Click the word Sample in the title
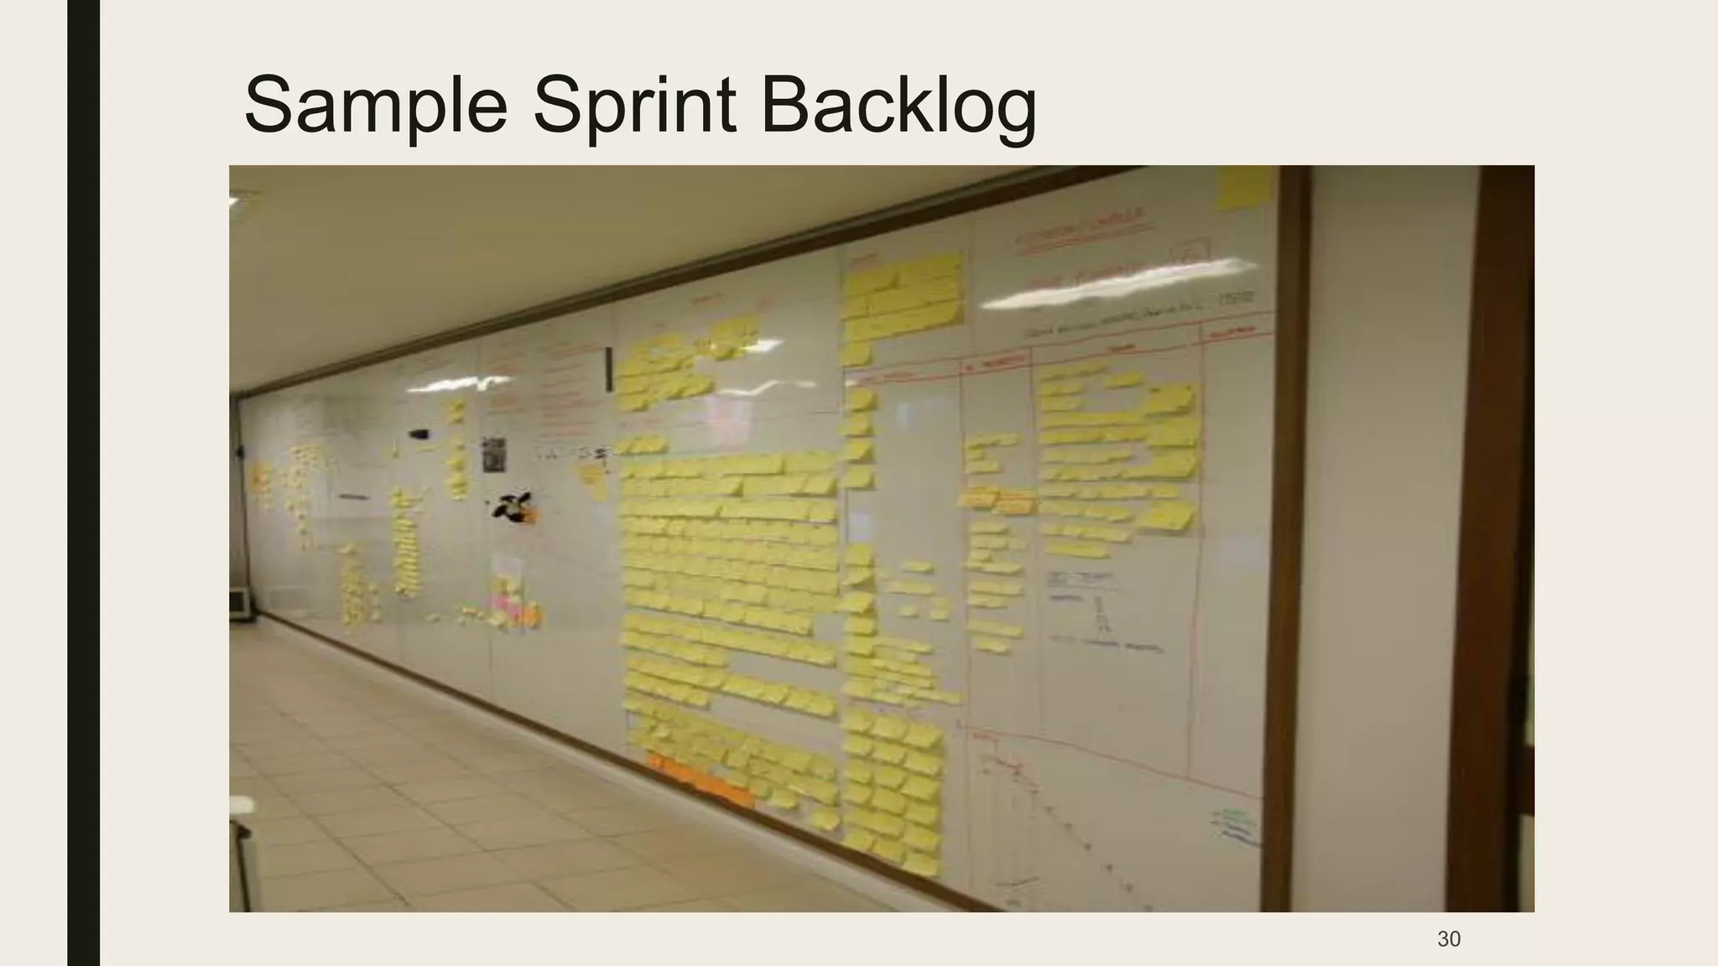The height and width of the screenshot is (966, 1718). pos(375,104)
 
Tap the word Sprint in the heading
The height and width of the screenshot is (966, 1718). pos(634,104)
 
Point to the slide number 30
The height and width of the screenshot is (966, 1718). pos(1449,939)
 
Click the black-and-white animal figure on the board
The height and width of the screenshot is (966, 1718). pos(513,506)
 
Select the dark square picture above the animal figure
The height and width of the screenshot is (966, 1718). pos(494,454)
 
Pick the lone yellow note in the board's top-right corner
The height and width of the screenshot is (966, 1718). pos(1242,187)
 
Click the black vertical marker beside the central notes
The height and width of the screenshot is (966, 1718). pos(608,369)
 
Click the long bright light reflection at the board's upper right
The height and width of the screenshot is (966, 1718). pos(1116,285)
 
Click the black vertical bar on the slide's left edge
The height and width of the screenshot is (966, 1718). pos(83,483)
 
